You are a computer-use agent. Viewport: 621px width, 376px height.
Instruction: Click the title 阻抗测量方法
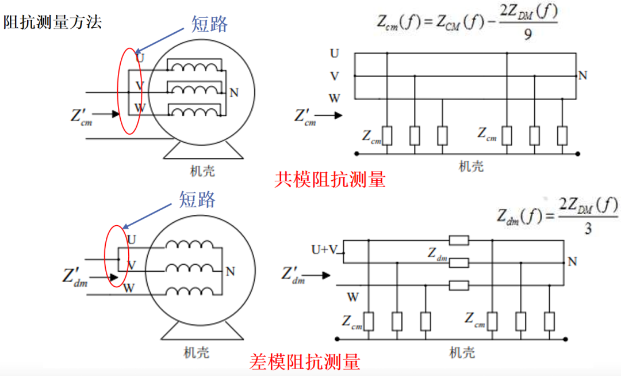click(52, 23)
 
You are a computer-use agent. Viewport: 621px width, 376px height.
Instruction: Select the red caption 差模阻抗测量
click(305, 362)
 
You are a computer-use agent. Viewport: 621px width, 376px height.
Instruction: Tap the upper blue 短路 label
click(210, 24)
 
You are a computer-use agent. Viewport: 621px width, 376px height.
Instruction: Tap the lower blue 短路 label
click(197, 199)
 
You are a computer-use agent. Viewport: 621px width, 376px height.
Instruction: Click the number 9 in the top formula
click(528, 35)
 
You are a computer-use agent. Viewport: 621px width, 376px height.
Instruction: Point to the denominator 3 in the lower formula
click(588, 229)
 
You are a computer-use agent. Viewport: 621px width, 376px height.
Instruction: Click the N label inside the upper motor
click(233, 92)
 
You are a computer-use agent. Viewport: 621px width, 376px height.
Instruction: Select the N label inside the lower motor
click(231, 271)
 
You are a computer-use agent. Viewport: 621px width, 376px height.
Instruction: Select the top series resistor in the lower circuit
click(459, 240)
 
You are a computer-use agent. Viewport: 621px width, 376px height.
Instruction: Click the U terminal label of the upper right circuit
click(335, 54)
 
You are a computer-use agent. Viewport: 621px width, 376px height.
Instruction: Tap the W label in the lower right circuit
click(352, 297)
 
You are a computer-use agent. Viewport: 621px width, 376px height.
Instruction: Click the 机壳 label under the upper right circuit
click(471, 166)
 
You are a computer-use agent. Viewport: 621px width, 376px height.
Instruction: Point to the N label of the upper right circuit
click(582, 75)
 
